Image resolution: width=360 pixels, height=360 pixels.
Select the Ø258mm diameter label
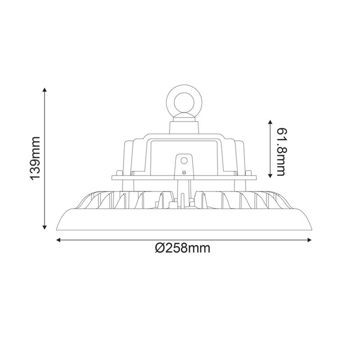pyautogui.click(x=182, y=248)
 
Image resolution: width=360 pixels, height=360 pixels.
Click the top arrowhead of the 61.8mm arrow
pyautogui.click(x=270, y=122)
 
